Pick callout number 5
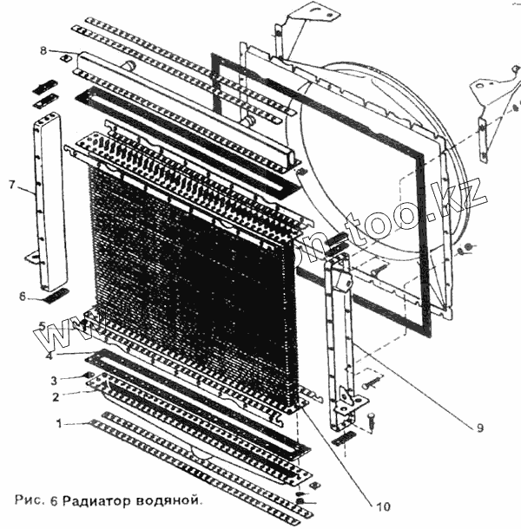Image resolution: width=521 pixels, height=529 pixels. [x=41, y=325]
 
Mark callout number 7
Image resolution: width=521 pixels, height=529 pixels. [x=11, y=184]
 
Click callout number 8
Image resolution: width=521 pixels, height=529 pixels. [x=43, y=51]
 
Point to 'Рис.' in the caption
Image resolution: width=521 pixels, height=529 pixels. [x=29, y=500]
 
